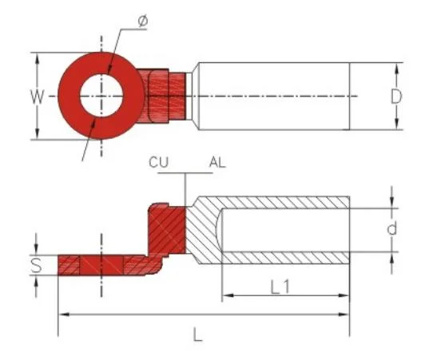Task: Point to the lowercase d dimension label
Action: pos(391,230)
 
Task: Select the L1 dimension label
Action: pos(280,285)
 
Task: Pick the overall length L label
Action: pos(197,334)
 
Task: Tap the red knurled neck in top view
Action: pos(166,96)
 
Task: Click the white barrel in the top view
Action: pos(272,96)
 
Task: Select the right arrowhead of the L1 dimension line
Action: pos(345,296)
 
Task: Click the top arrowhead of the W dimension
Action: pos(37,57)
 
